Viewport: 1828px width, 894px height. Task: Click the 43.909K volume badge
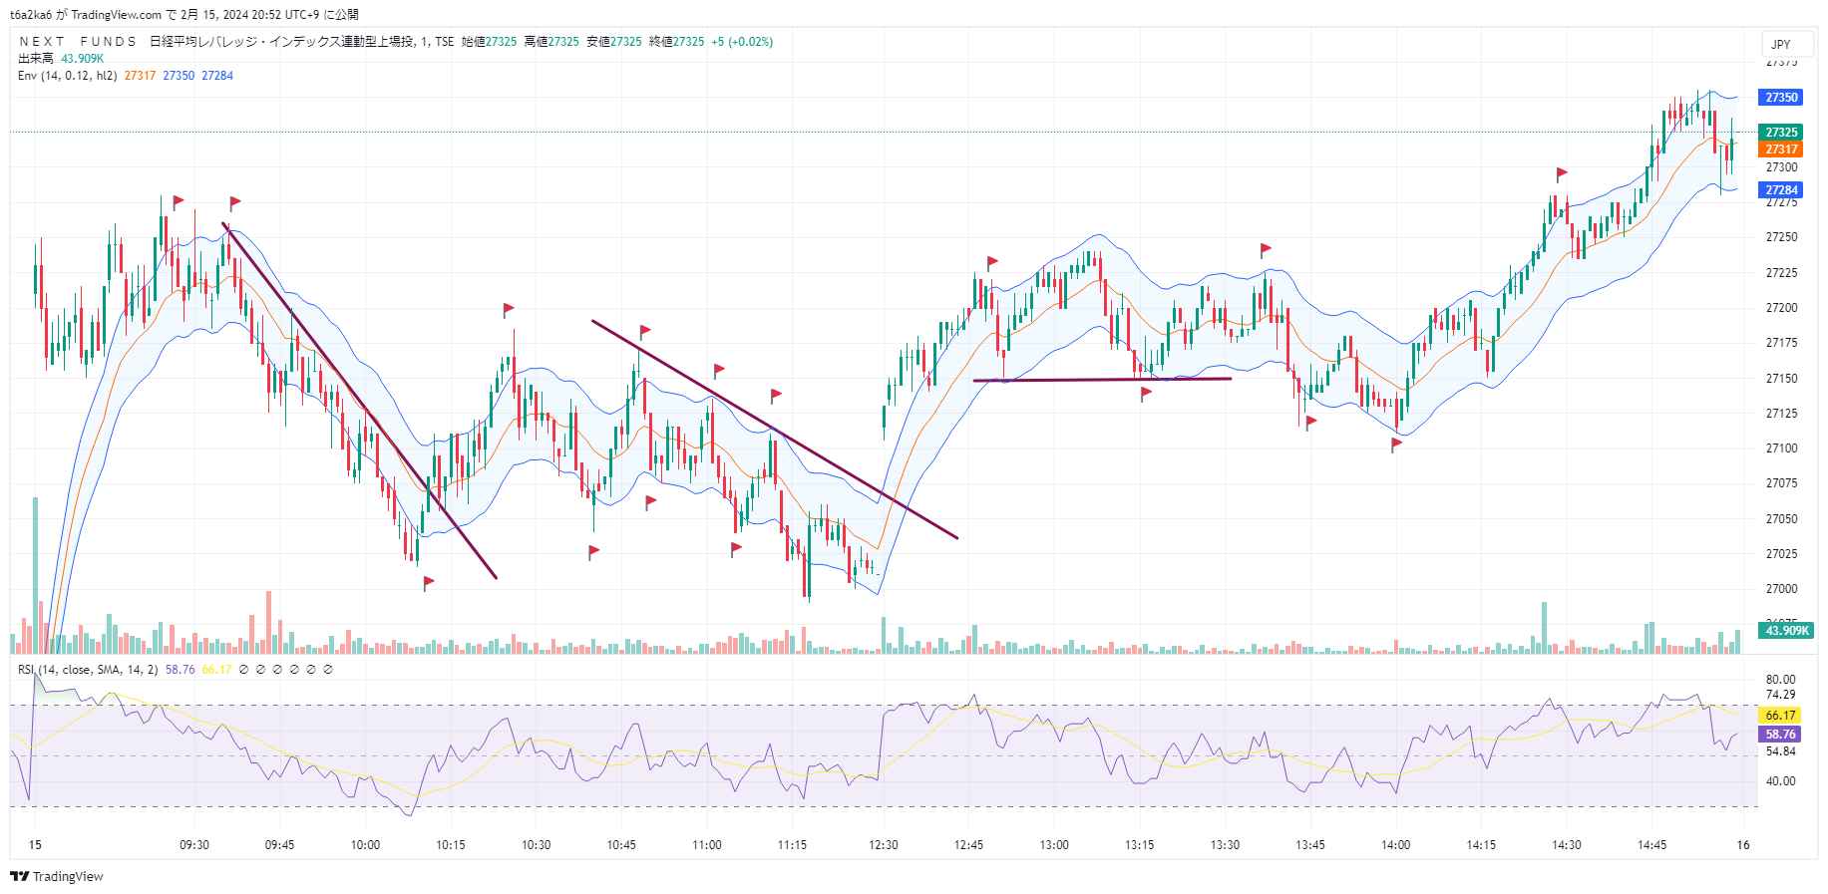(1786, 631)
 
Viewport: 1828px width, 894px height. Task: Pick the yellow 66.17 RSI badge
(1780, 716)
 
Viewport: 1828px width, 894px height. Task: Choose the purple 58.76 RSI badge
(1780, 735)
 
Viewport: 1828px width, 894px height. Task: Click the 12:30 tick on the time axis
(883, 845)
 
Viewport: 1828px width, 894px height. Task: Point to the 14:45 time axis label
(1651, 845)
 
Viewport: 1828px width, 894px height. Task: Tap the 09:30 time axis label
(194, 845)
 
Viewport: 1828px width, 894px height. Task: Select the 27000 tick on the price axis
(1781, 589)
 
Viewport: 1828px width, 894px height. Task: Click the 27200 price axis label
(1781, 308)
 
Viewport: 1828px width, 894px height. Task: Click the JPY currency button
(1780, 45)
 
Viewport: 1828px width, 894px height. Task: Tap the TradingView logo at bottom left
(57, 877)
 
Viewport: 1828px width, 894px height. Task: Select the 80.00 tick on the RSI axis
(1780, 680)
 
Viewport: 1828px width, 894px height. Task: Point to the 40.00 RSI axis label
(1780, 781)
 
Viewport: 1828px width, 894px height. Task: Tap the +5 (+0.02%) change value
(742, 42)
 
